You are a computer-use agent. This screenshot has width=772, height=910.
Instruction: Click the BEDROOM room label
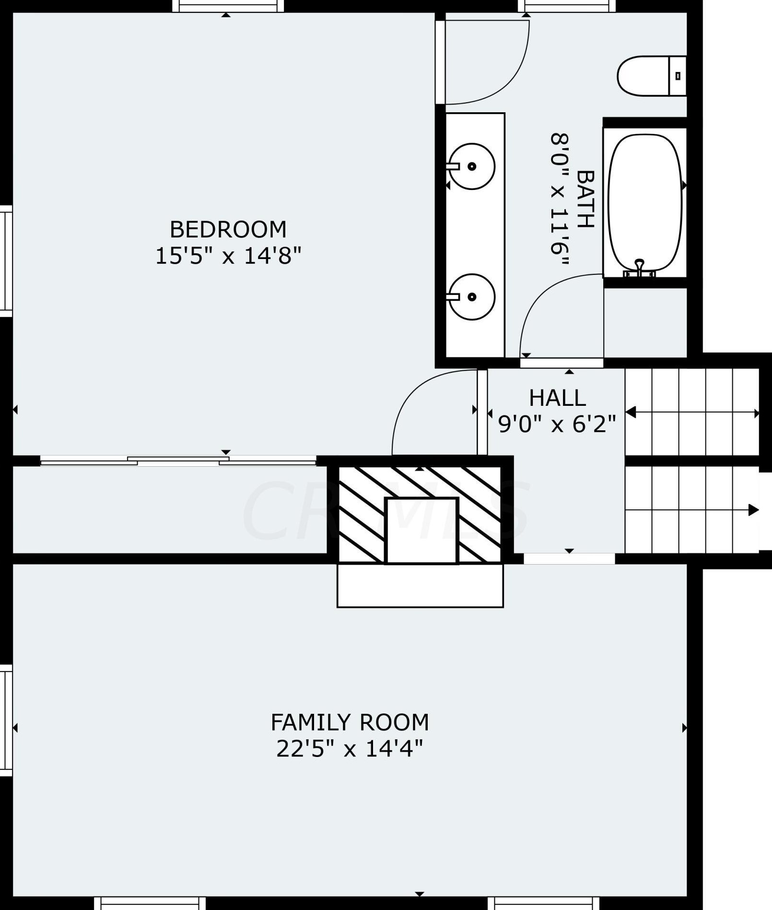(x=228, y=229)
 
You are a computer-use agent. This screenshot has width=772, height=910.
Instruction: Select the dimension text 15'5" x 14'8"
(x=228, y=256)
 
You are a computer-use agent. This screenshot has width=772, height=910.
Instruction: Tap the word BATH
(x=585, y=199)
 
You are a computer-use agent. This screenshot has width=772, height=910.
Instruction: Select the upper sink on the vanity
(x=472, y=166)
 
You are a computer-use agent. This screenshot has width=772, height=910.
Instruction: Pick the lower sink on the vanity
(x=472, y=297)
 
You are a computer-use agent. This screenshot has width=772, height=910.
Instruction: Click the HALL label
(x=557, y=398)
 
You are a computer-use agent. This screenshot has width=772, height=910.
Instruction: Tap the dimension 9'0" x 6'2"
(x=557, y=424)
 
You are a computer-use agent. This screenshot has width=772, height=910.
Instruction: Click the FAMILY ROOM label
(x=350, y=722)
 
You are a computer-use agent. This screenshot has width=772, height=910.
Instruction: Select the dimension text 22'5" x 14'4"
(x=350, y=748)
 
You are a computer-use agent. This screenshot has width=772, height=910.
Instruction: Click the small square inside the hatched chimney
(x=421, y=530)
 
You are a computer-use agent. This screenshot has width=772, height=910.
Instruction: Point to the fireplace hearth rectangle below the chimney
(x=420, y=586)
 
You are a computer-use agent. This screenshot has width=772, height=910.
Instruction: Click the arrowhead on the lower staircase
(x=753, y=510)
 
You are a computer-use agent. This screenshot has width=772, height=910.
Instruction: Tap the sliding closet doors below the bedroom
(x=178, y=461)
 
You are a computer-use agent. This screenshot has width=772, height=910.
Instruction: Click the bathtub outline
(x=644, y=201)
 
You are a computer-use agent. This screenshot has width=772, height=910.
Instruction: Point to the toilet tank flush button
(x=678, y=76)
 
